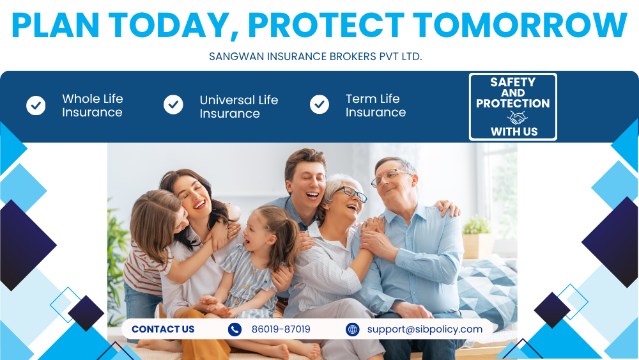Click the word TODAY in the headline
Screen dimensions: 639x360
pos(167,26)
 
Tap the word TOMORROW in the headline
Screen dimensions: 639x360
pos(520,26)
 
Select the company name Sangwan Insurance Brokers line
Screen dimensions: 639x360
pos(316,56)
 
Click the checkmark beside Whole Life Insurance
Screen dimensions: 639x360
pos(36,106)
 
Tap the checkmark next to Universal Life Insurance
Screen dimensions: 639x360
pos(173,105)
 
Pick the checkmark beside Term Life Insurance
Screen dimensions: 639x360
pos(319,105)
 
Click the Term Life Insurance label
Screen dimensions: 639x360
pos(375,106)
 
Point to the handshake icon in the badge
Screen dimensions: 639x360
pos(517,118)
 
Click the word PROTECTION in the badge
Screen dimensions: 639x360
pos(512,104)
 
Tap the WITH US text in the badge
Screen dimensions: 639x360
pos(514,132)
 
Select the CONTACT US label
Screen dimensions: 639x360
pos(163,329)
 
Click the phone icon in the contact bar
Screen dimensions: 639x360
pos(235,329)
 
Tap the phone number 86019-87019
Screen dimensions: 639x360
pos(281,329)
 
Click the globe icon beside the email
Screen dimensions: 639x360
pos(353,329)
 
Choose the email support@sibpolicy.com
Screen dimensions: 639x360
pos(425,329)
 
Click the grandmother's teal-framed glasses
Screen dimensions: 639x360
pos(351,194)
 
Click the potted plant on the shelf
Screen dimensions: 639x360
pos(477,237)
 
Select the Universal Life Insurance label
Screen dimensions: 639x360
pos(239,106)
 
